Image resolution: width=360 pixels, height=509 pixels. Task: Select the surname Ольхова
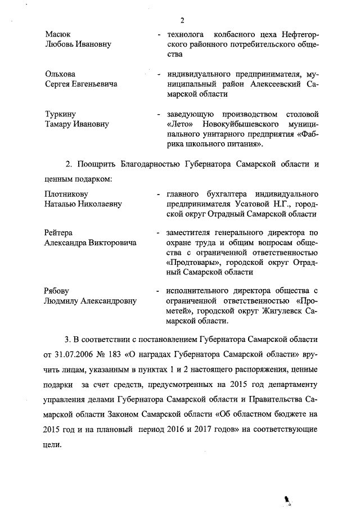[60, 74]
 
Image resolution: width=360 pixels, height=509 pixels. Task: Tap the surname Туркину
[60, 114]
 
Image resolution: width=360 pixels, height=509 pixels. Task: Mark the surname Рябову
[57, 291]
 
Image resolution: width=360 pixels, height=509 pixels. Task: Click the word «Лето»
[179, 124]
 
